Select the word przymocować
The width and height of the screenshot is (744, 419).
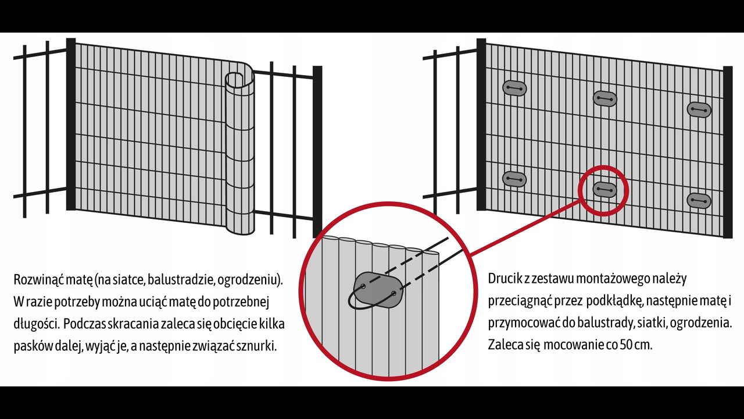524,324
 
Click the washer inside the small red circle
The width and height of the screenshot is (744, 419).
604,190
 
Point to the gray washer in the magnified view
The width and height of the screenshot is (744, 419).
378,290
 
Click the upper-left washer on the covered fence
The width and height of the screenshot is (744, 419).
514,88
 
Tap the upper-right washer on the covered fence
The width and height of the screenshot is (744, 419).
699,110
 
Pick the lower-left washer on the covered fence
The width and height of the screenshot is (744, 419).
514,179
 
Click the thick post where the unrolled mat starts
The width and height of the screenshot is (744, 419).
71,124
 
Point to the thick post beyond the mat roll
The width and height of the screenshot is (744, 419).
317,151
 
